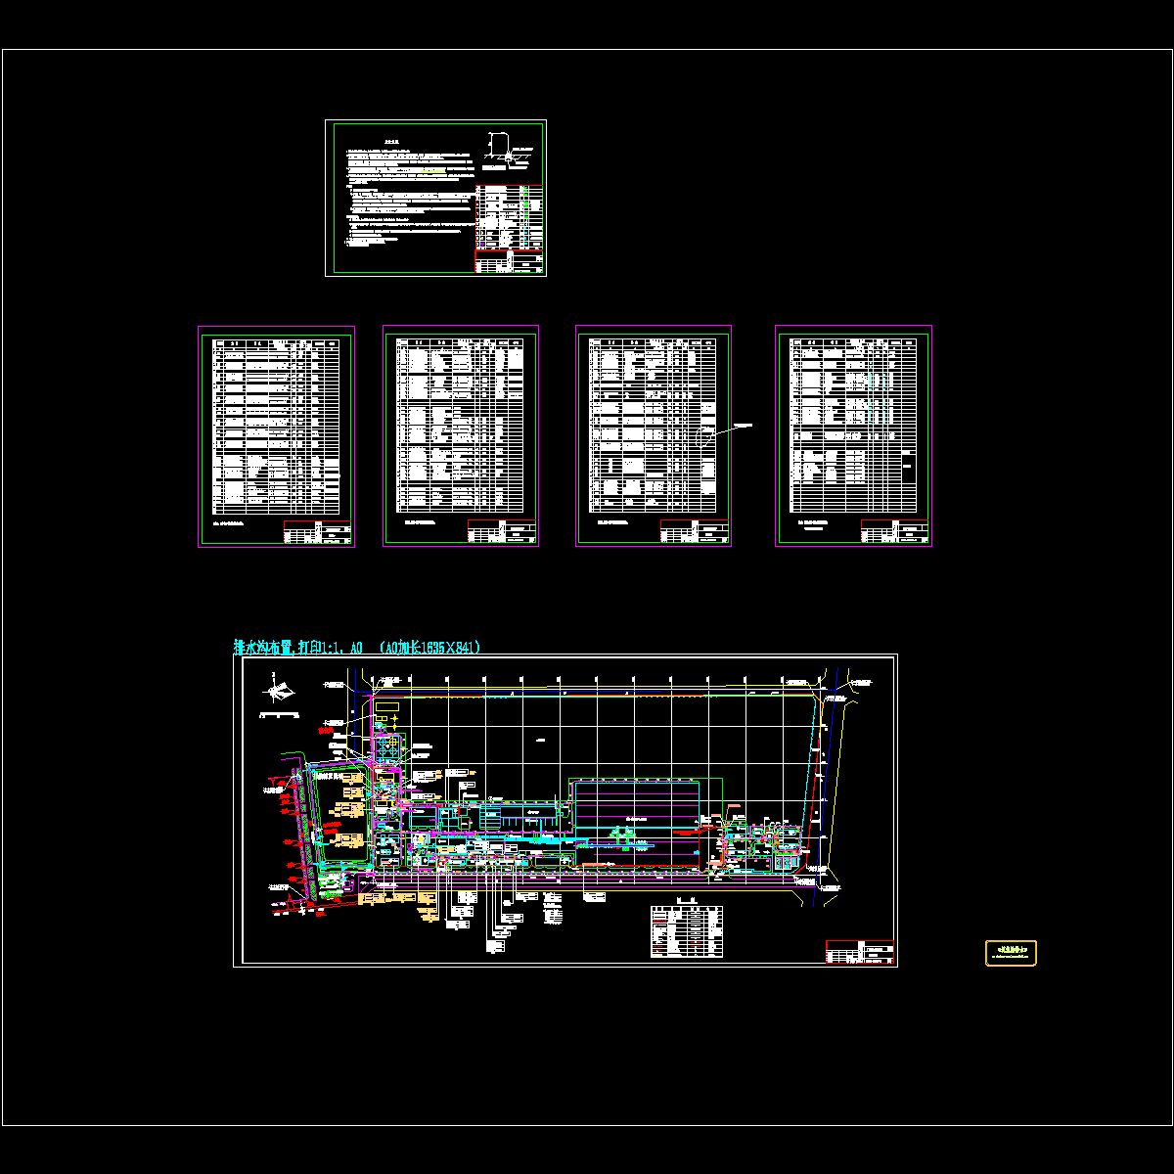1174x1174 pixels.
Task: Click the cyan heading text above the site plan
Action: point(357,648)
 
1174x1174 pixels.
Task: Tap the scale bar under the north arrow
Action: point(278,715)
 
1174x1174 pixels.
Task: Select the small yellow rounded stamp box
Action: point(1011,952)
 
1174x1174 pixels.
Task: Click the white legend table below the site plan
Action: point(688,931)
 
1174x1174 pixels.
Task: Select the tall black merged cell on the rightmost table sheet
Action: point(909,470)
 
